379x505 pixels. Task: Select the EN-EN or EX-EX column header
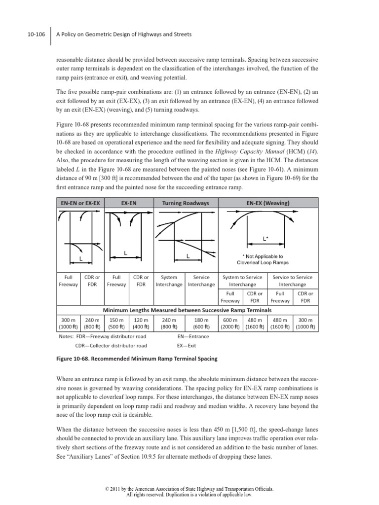pos(80,203)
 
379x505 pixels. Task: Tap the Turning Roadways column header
pos(185,203)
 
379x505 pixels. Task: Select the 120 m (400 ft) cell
pos(140,323)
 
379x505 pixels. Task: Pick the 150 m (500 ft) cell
pos(116,323)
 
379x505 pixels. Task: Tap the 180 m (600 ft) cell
pos(201,323)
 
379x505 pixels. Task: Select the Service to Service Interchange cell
pos(292,281)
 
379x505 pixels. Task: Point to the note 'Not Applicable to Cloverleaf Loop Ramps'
pos(263,259)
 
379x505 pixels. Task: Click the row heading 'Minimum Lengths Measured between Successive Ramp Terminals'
pos(187,310)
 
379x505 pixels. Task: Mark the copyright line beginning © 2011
pos(189,489)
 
